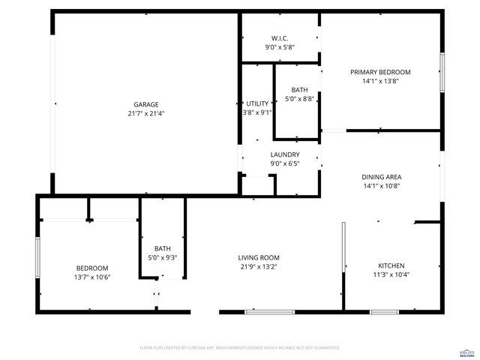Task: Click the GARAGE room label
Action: [x=146, y=104]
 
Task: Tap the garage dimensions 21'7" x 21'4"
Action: [x=146, y=114]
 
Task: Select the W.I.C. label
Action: [x=280, y=37]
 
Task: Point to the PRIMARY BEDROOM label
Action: [x=380, y=72]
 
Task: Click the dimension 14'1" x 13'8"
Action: [x=380, y=81]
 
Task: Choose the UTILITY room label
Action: [x=257, y=103]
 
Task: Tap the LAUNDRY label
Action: [x=285, y=154]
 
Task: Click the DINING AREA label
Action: [x=382, y=177]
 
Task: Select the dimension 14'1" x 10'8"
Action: [x=382, y=186]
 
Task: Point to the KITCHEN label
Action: [x=391, y=265]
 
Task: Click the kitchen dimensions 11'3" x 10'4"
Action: [x=391, y=274]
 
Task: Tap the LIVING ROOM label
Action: [x=259, y=257]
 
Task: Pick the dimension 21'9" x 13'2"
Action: [x=259, y=266]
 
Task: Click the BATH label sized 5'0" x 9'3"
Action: [x=163, y=249]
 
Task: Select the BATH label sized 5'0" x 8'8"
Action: [x=299, y=89]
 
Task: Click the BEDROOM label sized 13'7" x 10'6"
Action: [x=92, y=268]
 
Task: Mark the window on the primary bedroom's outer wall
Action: [x=442, y=72]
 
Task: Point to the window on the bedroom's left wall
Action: [x=37, y=258]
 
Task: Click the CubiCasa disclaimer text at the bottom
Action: [x=240, y=348]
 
